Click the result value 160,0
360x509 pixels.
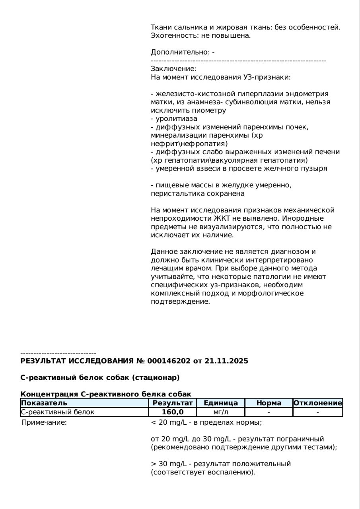pyautogui.click(x=173, y=412)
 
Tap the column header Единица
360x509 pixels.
pyautogui.click(x=221, y=403)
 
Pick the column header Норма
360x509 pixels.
pyautogui.click(x=269, y=403)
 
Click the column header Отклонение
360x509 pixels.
pyautogui.click(x=317, y=403)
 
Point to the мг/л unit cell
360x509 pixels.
pyautogui.click(x=221, y=412)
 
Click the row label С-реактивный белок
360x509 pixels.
pyautogui.click(x=57, y=412)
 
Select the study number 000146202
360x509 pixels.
pyautogui.click(x=169, y=361)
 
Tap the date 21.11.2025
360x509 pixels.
pyautogui.click(x=226, y=361)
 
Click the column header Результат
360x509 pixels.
pyautogui.click(x=173, y=403)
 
